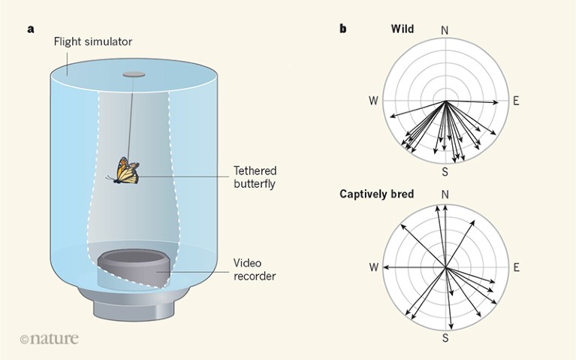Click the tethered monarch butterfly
[125, 171]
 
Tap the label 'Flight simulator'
[92, 41]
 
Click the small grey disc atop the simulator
[133, 74]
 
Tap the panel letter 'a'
[31, 29]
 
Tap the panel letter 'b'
[343, 29]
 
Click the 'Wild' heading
[403, 29]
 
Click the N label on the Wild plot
[445, 30]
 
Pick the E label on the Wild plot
[516, 101]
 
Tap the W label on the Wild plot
[373, 101]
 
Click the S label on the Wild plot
[445, 172]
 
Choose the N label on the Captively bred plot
[445, 195]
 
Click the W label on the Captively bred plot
[373, 267]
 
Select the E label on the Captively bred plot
[516, 267]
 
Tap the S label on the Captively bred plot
[445, 338]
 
